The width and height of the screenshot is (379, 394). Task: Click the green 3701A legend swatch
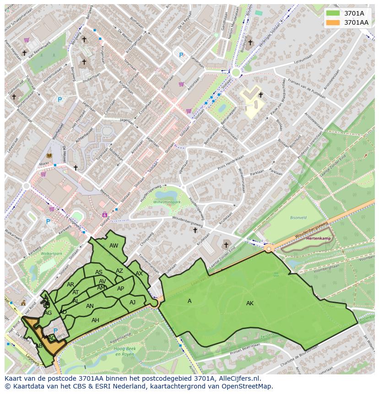(x=333, y=13)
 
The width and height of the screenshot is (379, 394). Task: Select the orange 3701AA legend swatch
(x=333, y=22)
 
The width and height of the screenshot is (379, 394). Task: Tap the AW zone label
(x=114, y=246)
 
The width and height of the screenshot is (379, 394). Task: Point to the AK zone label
(x=249, y=303)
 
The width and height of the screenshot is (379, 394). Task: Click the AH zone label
(x=95, y=320)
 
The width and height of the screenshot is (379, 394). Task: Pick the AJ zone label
(x=132, y=302)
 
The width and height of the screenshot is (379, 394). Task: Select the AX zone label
(x=139, y=274)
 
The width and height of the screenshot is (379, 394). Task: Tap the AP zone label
(x=120, y=289)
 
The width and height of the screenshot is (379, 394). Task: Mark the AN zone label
(x=90, y=306)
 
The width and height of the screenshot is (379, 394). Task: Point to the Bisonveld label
(x=298, y=218)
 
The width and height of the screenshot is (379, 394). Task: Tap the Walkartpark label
(x=51, y=253)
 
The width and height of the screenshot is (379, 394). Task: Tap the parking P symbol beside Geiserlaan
(x=181, y=55)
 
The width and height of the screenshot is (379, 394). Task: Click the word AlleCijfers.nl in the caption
(x=238, y=378)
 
